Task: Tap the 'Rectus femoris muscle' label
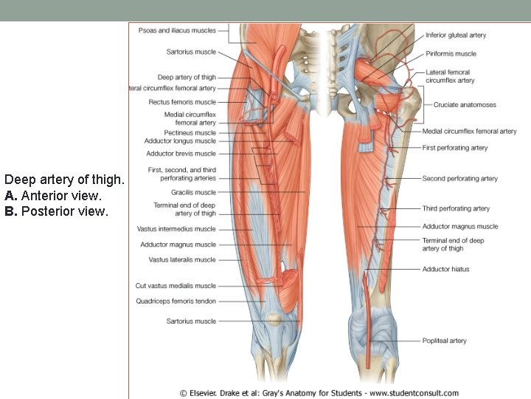182,102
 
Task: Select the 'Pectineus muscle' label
190,133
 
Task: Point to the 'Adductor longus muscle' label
181,141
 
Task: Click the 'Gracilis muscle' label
194,192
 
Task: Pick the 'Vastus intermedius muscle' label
176,229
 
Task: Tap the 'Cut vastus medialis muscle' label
176,286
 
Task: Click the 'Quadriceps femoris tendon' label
176,301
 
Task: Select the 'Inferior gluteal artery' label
456,35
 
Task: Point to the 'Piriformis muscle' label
451,54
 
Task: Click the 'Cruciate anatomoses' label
465,105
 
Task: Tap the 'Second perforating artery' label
459,179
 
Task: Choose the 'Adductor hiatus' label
445,270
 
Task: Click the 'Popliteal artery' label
444,341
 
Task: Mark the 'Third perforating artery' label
456,209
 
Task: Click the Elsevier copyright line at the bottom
319,393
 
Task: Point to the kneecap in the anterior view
274,318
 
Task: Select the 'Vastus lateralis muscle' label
182,260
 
